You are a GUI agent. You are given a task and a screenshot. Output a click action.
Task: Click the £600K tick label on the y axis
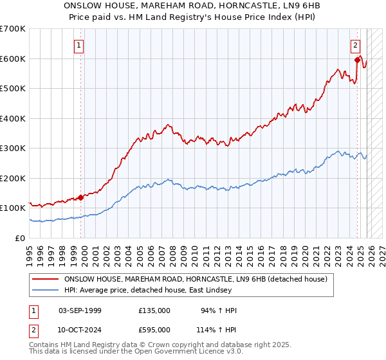point(13,59)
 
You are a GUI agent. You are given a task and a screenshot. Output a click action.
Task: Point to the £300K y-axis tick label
point(13,148)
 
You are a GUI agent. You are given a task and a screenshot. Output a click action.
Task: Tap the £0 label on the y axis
point(20,238)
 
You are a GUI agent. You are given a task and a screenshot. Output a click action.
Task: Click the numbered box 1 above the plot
point(78,45)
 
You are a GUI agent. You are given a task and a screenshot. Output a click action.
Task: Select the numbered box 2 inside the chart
point(354,45)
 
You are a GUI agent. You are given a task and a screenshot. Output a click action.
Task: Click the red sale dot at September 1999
point(81,197)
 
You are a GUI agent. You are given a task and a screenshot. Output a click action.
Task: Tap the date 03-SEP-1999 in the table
point(80,310)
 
